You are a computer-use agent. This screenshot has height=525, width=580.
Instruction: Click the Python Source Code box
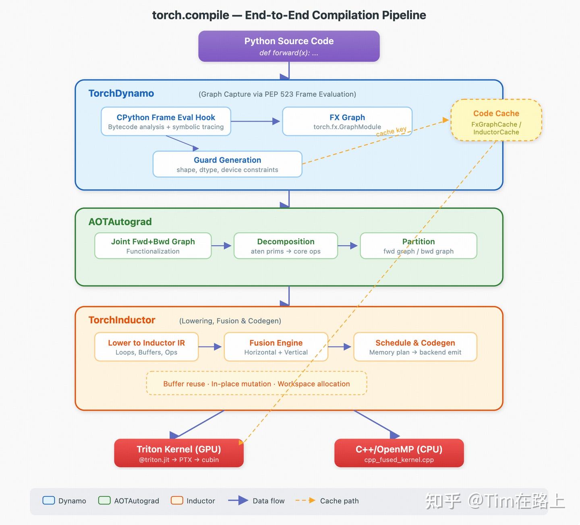[289, 46]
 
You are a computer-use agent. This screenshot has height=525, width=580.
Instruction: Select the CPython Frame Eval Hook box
[166, 122]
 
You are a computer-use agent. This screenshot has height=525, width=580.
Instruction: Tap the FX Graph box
[347, 122]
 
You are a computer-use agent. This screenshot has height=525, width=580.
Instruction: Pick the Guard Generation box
[227, 164]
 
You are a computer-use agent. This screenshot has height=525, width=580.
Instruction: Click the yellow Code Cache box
[496, 120]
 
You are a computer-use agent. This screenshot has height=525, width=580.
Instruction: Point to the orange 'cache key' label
[391, 131]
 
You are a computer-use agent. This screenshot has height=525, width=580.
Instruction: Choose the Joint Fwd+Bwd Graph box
[153, 246]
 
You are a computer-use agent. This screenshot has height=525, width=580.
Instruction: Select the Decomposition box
[286, 246]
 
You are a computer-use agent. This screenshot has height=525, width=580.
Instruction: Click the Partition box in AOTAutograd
[418, 246]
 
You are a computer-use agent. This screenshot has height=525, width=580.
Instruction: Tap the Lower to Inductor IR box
[146, 347]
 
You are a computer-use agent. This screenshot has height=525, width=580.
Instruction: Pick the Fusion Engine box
[276, 347]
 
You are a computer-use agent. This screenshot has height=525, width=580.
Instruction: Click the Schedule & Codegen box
[415, 347]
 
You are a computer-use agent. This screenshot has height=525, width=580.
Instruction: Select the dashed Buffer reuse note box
[257, 383]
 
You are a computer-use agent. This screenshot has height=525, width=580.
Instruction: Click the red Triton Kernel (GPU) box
[179, 453]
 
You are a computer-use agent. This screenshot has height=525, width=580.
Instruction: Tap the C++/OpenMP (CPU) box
[399, 453]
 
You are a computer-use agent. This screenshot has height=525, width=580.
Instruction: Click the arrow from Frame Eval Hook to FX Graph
[255, 122]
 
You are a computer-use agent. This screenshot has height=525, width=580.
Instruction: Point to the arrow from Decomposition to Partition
[348, 246]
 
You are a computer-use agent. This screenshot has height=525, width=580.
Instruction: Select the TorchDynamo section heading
[121, 93]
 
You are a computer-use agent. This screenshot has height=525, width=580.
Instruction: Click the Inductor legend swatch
[177, 500]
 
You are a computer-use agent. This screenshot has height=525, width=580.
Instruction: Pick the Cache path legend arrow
[305, 500]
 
